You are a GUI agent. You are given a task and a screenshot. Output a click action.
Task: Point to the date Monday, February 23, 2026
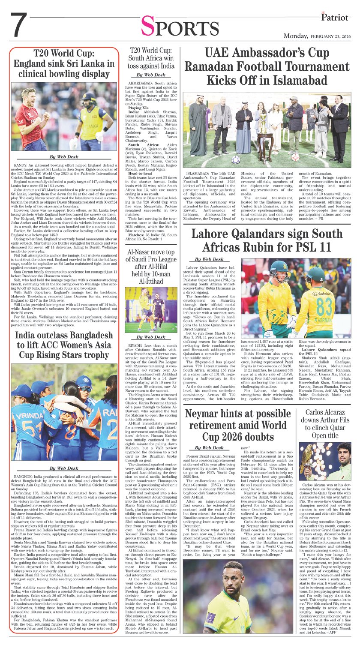coord(318,38)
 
